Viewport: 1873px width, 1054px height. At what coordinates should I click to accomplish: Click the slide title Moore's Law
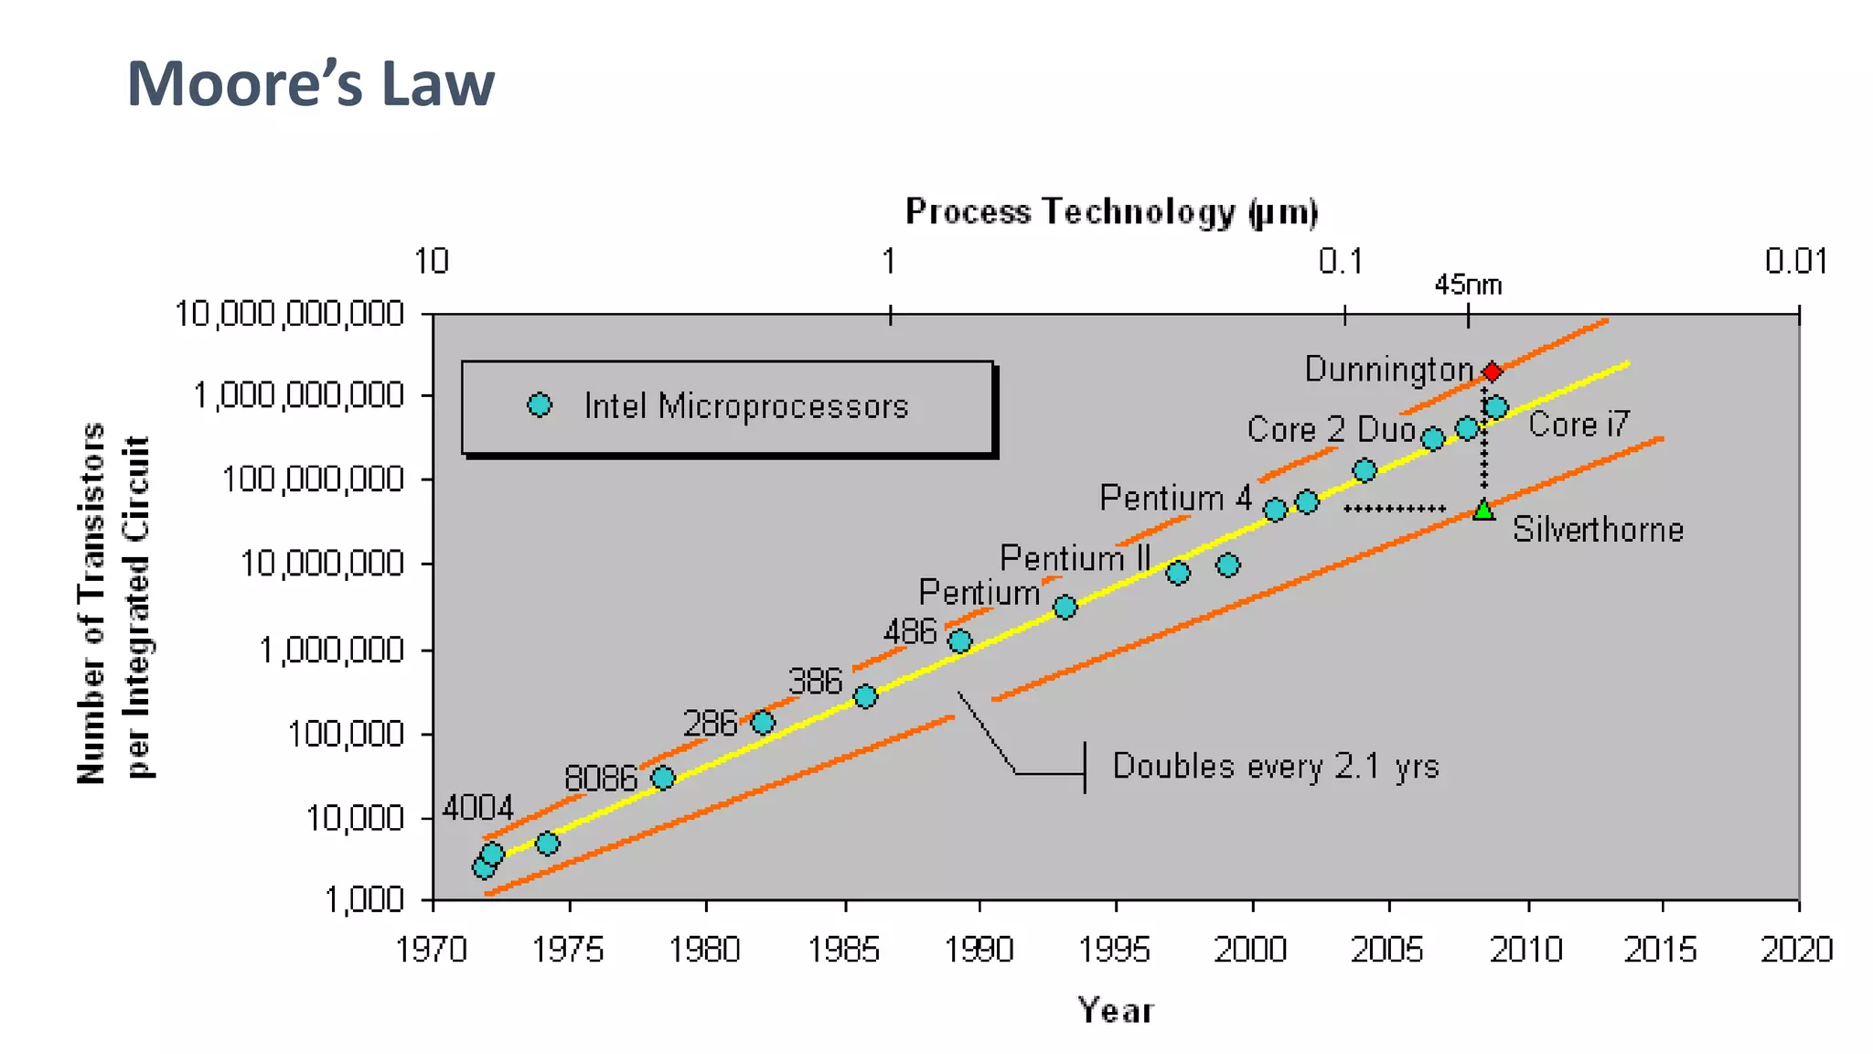[x=310, y=83]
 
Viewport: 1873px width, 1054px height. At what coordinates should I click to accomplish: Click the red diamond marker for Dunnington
[x=1492, y=371]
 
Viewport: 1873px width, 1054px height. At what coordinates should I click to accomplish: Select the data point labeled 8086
[x=663, y=778]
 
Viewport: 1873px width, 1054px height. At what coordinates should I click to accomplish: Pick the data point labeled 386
[x=865, y=696]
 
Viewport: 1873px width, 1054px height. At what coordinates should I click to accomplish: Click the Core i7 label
[x=1579, y=425]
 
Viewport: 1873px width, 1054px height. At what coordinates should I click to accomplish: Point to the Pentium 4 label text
[x=1174, y=499]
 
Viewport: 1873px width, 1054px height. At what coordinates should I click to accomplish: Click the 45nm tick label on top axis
[x=1467, y=285]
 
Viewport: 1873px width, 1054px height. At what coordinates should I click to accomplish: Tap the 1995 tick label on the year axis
[x=1114, y=950]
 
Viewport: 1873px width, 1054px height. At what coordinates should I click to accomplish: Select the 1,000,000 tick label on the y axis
[x=331, y=650]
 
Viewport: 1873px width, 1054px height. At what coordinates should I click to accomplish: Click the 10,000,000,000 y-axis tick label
[x=289, y=314]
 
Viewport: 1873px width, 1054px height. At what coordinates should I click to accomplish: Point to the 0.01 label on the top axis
[x=1795, y=262]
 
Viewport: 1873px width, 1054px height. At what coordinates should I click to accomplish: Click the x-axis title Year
[x=1115, y=1010]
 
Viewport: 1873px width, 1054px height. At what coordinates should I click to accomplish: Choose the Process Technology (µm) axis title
[x=1111, y=211]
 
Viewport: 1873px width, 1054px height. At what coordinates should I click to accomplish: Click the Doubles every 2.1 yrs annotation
[x=1275, y=766]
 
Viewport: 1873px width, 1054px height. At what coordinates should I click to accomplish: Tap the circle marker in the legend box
[x=540, y=405]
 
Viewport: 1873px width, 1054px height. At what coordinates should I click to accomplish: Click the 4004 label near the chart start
[x=477, y=808]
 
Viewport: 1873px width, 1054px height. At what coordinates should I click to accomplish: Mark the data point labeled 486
[x=959, y=640]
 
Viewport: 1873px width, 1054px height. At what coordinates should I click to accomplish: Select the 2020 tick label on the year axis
[x=1796, y=950]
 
